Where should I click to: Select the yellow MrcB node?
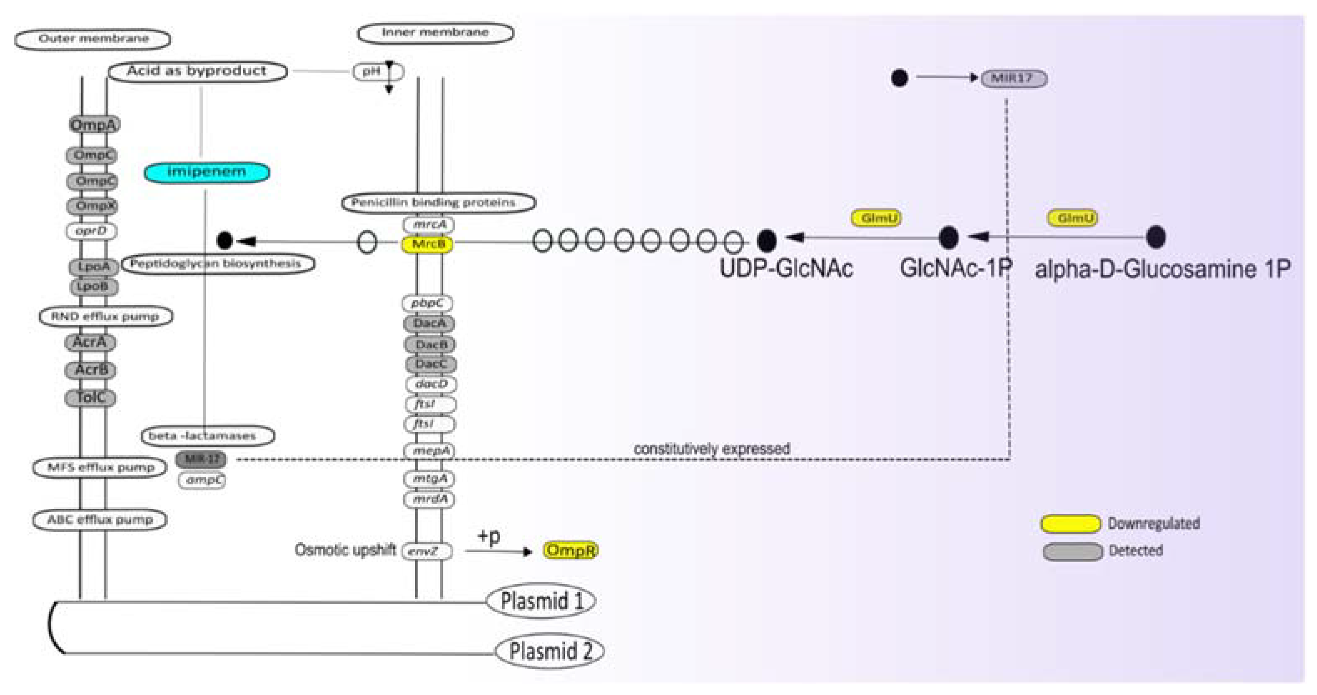428,244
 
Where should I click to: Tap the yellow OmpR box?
570,550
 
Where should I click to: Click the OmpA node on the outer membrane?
94,125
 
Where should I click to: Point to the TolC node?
91,397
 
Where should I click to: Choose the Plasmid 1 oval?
541,601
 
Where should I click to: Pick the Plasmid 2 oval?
550,651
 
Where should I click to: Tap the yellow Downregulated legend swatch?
1071,524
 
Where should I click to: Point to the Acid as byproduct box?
197,71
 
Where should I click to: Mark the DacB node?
430,345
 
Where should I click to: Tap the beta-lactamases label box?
207,436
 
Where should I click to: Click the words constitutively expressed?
711,449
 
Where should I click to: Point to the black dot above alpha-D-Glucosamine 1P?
1156,237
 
